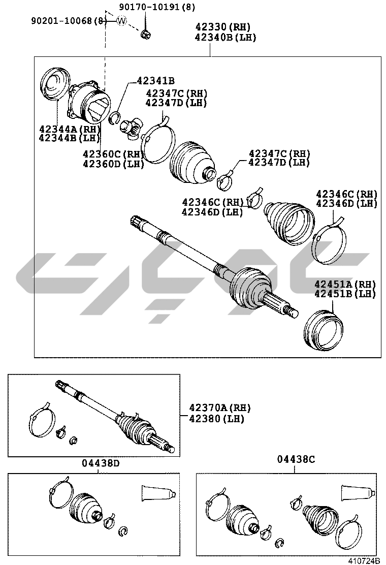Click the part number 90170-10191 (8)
[157, 7]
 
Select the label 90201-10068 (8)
[69, 21]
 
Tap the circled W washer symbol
[122, 21]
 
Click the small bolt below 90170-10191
[146, 34]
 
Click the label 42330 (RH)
[223, 26]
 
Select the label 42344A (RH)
[70, 129]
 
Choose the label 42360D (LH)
[113, 164]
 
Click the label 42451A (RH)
[345, 285]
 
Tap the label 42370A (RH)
[220, 408]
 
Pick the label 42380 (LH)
[217, 419]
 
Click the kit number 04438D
[100, 463]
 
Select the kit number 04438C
[296, 459]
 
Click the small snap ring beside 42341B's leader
[114, 117]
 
